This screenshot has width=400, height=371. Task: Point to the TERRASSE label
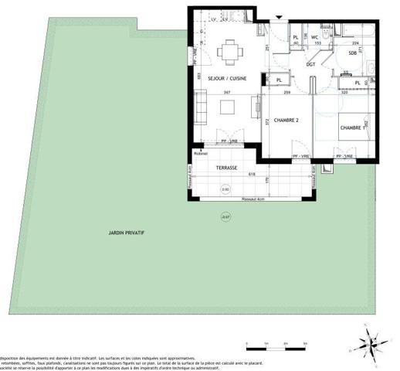226,167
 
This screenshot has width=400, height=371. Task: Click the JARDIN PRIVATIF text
128,233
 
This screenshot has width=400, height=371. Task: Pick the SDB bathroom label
352,53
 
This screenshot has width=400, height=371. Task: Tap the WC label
315,36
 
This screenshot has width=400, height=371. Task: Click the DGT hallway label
310,64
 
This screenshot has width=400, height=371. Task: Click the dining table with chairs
229,53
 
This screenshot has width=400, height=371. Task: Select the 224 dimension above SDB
354,43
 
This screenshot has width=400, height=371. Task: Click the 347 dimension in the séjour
228,92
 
